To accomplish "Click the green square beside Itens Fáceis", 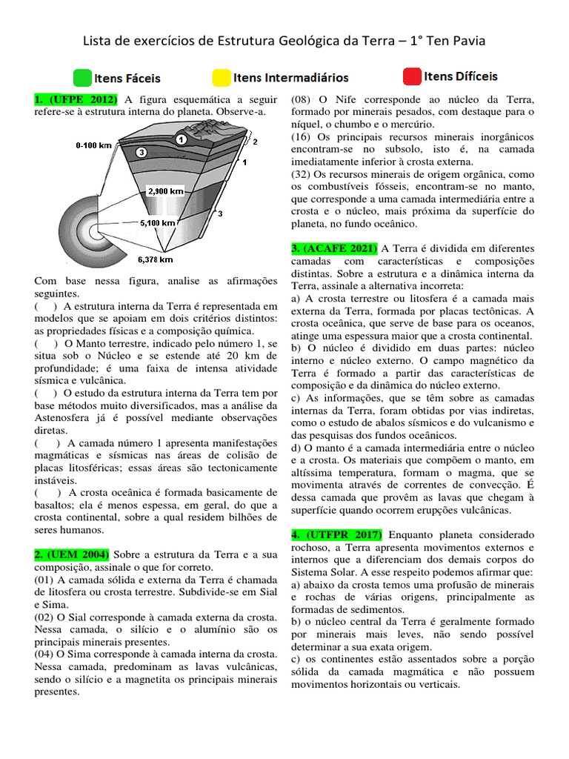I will [x=82, y=78].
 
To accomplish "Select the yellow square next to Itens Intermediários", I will [x=221, y=78].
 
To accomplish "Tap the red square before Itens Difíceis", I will [x=411, y=76].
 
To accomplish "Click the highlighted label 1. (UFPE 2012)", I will [x=76, y=100].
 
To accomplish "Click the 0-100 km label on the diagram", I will [x=93, y=147].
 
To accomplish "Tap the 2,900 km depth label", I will [x=166, y=190].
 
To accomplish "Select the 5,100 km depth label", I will [x=158, y=222].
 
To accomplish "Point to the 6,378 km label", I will [x=155, y=259].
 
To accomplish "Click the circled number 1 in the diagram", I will [x=180, y=139].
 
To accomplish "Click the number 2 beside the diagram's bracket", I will [x=255, y=140].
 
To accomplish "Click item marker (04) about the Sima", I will [x=46, y=654].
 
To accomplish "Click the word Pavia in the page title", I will [x=465, y=41].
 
